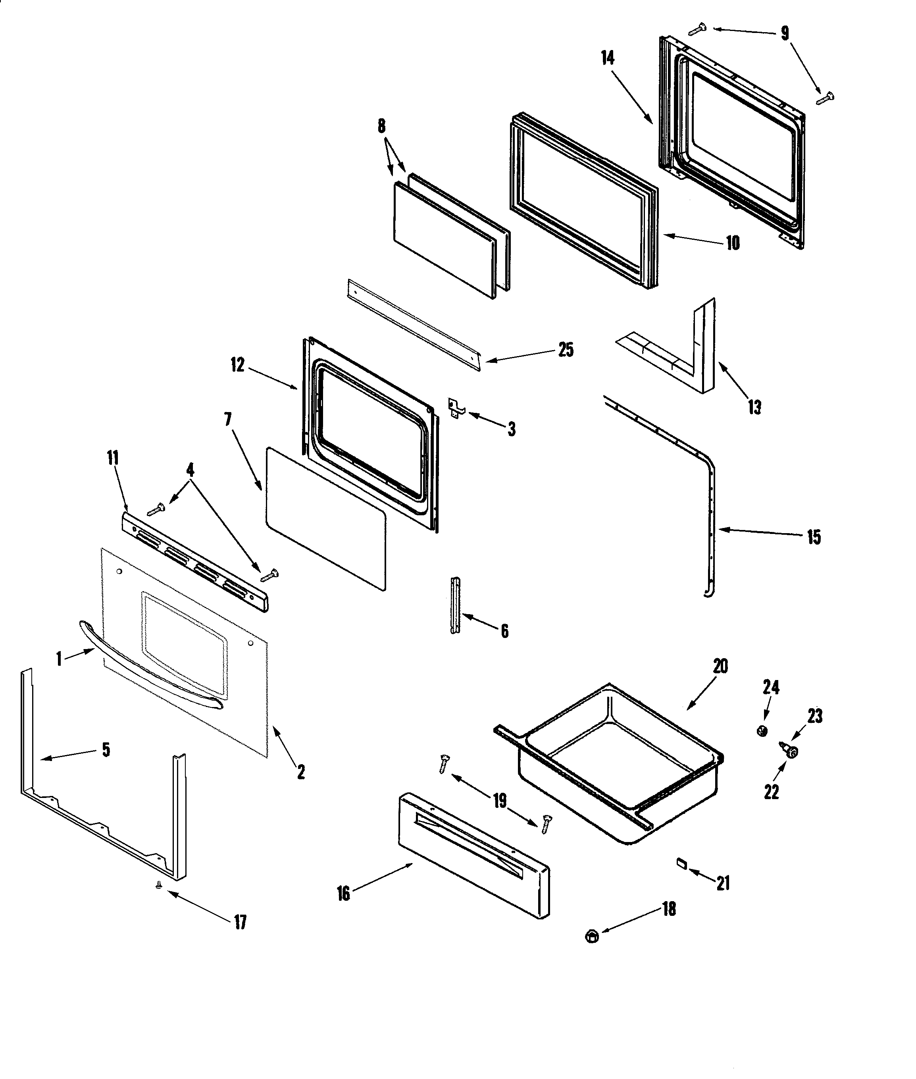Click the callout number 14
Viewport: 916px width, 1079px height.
pos(608,58)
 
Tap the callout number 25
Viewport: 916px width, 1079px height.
pos(566,350)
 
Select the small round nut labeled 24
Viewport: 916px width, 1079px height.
pos(762,731)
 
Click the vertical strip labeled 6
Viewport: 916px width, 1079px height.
pos(455,606)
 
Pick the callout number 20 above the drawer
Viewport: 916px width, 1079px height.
pos(720,666)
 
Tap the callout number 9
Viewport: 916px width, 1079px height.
pos(785,33)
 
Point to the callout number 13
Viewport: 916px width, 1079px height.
pos(754,407)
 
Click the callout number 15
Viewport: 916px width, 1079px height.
pos(813,537)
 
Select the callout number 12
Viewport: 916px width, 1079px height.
pos(237,365)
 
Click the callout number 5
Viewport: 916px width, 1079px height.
pos(106,750)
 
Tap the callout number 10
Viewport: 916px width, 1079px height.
pos(732,243)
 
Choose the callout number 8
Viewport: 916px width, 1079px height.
pos(382,126)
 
